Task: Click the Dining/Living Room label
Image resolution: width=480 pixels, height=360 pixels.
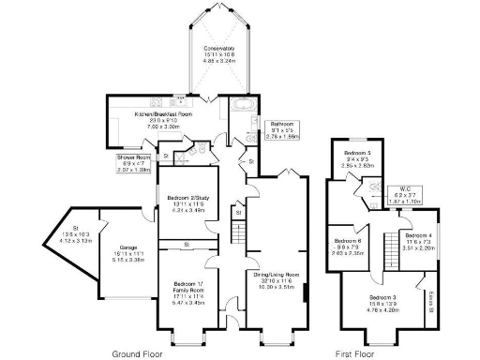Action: pos(276,275)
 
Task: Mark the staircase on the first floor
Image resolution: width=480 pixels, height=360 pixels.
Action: pos(383,248)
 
